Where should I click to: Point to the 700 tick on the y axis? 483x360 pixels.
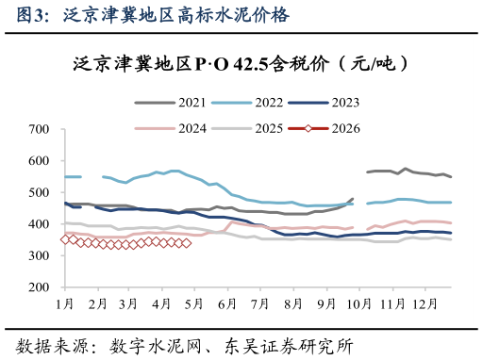pos(40,129)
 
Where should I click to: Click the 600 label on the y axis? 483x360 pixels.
pos(40,161)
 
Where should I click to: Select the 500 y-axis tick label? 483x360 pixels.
pos(40,193)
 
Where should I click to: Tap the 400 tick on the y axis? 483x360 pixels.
pos(40,224)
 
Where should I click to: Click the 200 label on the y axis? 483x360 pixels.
pos(40,287)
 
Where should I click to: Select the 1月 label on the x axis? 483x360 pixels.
pos(65,303)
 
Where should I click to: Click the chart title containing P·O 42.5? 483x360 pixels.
pos(240,64)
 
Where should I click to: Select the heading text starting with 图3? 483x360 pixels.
pos(146,14)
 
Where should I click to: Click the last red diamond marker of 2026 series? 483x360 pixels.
pos(187,243)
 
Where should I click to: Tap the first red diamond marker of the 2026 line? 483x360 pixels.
pos(65,239)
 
